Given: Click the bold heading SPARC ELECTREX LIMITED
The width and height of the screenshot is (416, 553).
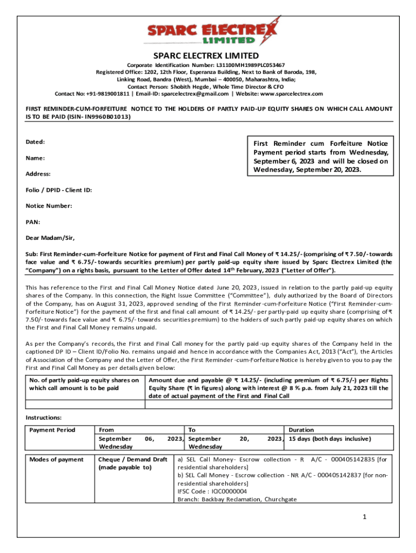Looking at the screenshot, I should [206, 56].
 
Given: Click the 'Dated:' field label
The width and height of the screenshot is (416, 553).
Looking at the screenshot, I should [35, 141].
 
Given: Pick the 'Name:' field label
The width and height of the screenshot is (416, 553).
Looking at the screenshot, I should [35, 158].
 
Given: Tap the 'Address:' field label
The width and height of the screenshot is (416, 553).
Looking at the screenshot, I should [38, 174].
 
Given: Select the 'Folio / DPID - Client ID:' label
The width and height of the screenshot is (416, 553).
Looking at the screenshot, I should [59, 190].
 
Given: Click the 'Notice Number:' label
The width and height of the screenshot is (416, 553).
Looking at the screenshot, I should [49, 206].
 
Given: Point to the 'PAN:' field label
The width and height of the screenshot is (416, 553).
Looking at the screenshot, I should [33, 222].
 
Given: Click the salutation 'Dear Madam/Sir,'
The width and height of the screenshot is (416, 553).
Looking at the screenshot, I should [50, 238].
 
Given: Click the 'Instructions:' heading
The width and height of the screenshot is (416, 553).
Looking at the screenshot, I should [44, 417].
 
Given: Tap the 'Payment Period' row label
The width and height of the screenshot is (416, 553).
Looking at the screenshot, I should [52, 430].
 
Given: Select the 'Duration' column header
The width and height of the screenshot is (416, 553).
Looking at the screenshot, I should [301, 430].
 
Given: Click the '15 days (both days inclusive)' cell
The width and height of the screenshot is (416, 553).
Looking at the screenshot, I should [330, 438].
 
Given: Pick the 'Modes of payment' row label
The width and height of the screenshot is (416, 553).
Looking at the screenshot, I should [56, 459].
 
